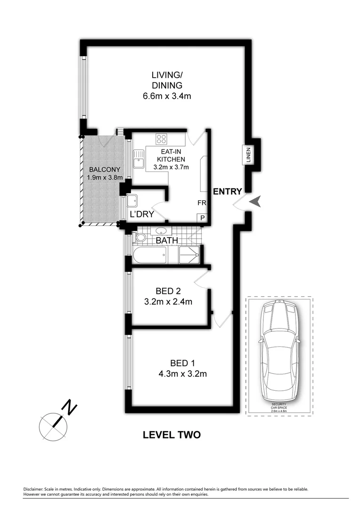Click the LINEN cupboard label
pos(248,155)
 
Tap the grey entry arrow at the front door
pos(256,202)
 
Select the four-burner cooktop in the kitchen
pos(162,139)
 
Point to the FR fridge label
pos(202,203)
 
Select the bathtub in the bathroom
pos(149,256)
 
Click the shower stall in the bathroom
pos(190,255)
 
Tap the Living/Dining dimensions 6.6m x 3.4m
pos(167,96)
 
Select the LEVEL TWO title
pos(172,435)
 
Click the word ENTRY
pos(227,191)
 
